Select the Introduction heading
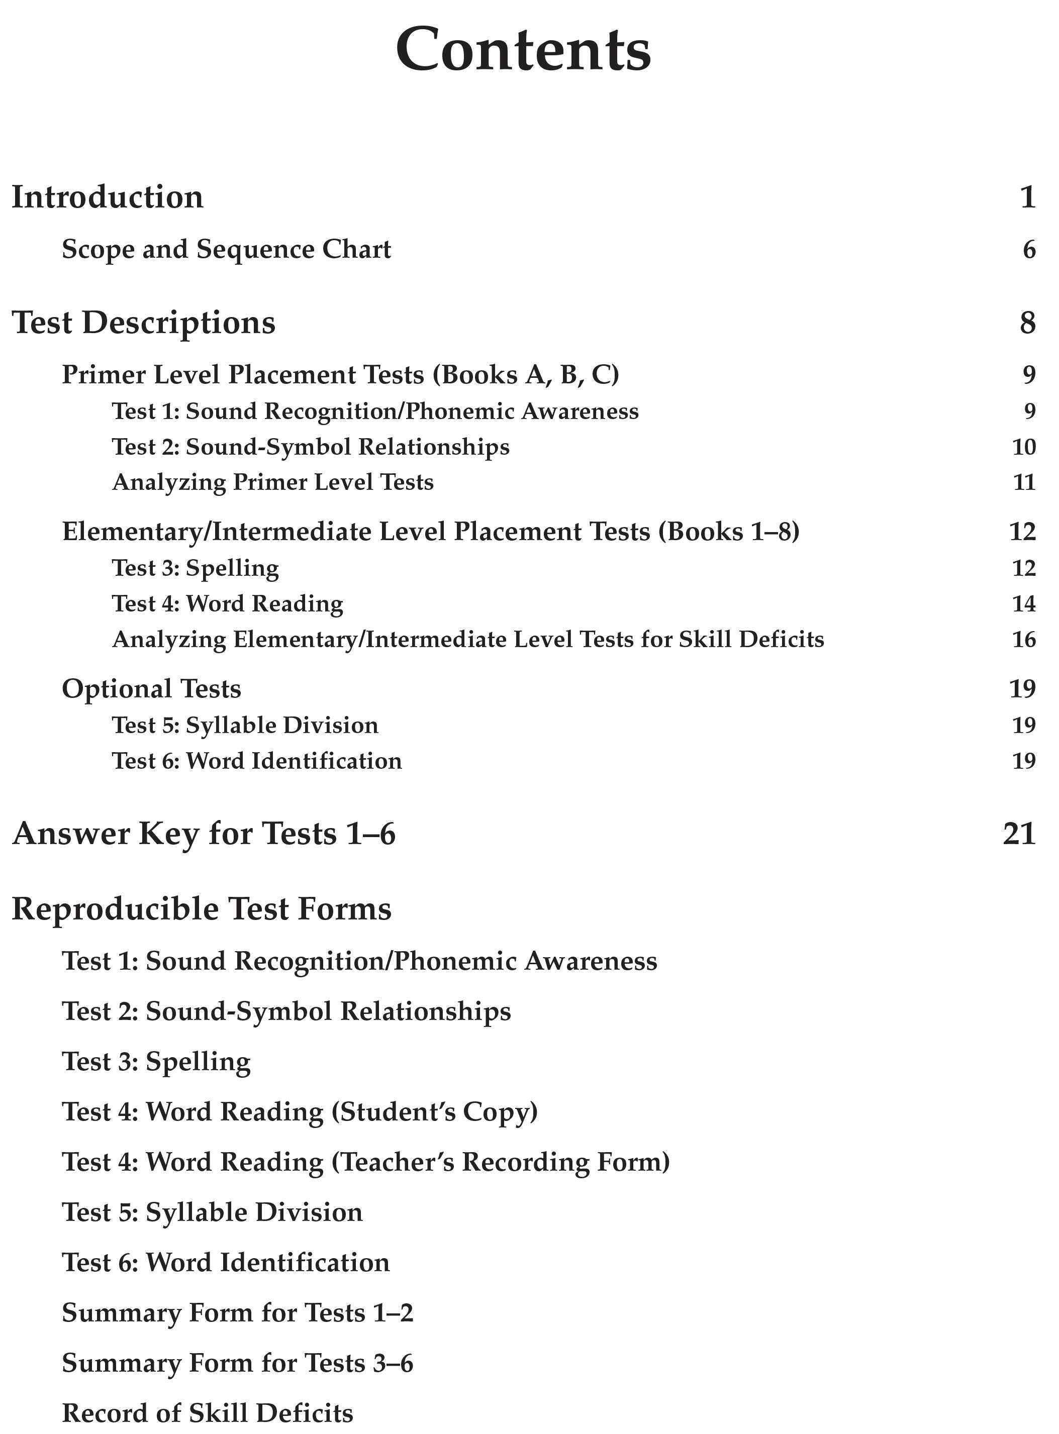[108, 197]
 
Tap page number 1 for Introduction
[1028, 197]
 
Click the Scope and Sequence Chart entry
[226, 249]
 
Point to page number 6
[1029, 249]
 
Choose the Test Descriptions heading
[144, 322]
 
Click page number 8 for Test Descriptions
[1028, 322]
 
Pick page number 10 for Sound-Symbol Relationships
[1024, 447]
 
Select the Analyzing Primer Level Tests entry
[273, 482]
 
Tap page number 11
[1024, 482]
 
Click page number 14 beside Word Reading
[1024, 603]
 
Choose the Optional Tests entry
[151, 689]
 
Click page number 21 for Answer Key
[1019, 834]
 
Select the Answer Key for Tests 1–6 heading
[204, 834]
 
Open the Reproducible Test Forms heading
[201, 909]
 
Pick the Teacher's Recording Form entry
[365, 1162]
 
